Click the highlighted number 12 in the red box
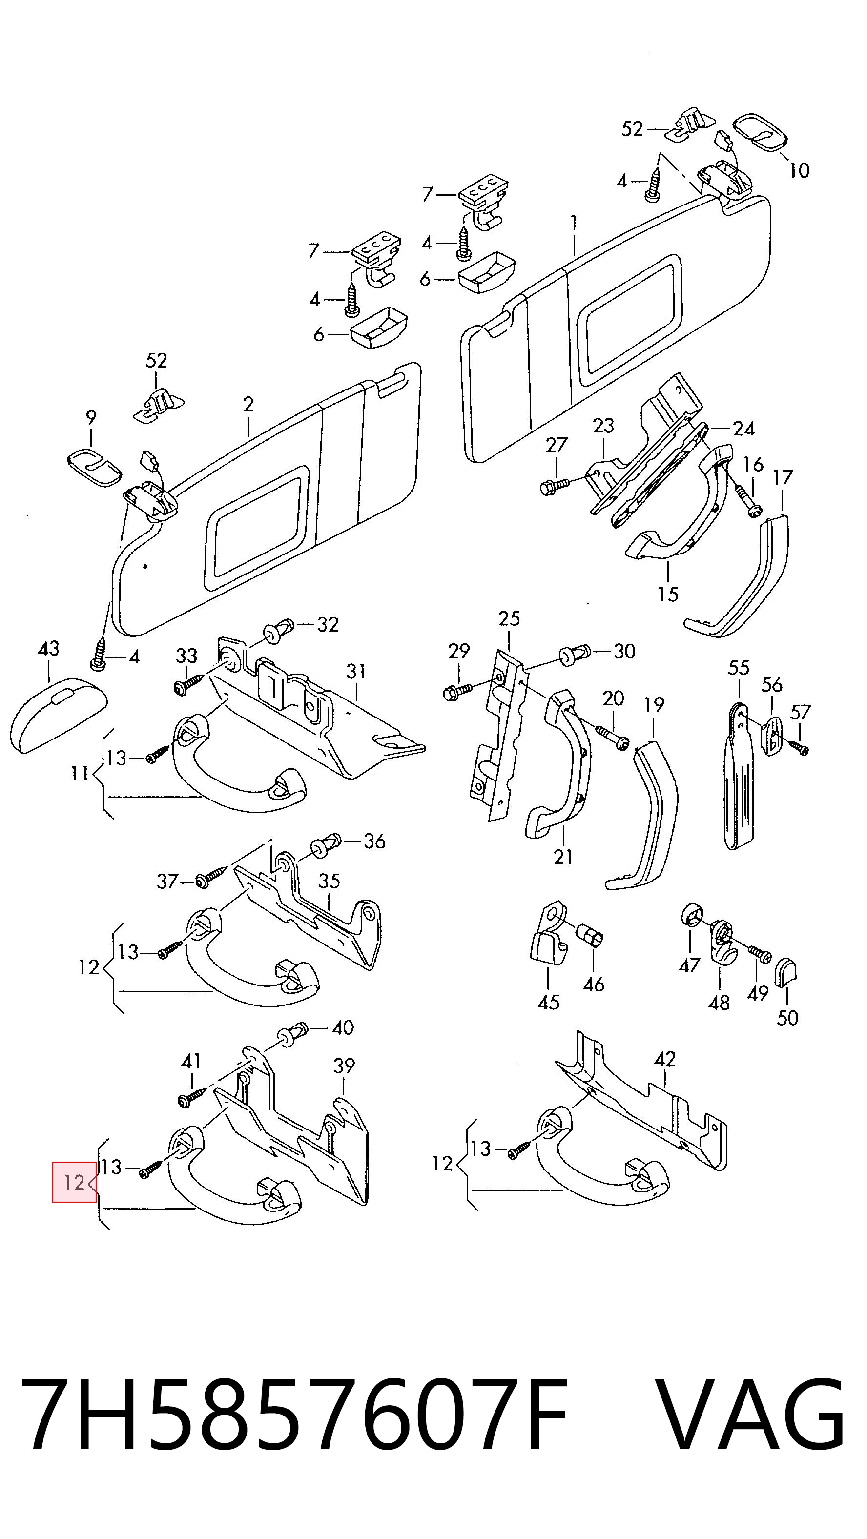[x=74, y=1182]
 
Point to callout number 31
[x=356, y=672]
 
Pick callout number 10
[x=799, y=171]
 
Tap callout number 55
[x=739, y=668]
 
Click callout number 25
[x=509, y=619]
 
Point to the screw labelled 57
[x=798, y=746]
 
